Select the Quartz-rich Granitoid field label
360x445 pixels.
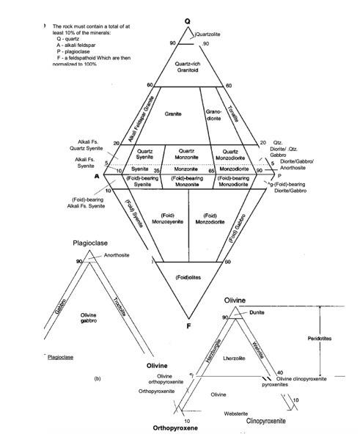[x=188, y=68]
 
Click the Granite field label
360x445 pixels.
[x=174, y=114]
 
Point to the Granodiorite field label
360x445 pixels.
[x=214, y=115]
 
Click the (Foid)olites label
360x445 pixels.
[x=188, y=276]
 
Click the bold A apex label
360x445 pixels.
[x=95, y=176]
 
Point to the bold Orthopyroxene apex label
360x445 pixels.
[x=175, y=427]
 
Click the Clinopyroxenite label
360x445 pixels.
[x=265, y=422]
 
